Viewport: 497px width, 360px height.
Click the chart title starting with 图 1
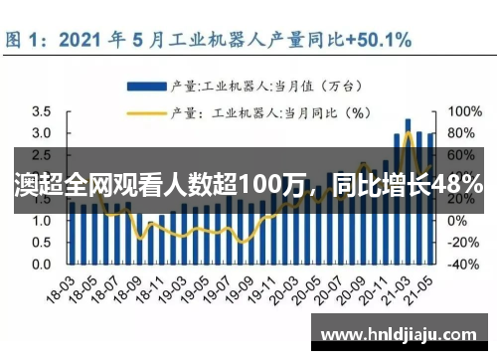pos(209,40)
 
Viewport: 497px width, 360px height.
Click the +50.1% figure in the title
pos(380,40)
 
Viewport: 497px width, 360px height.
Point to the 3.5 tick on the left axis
pos(41,112)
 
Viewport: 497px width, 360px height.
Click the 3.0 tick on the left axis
pos(41,133)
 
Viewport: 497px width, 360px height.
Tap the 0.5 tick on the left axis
pos(41,243)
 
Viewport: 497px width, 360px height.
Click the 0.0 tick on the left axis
pos(41,265)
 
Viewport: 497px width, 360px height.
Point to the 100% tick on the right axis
pos(466,112)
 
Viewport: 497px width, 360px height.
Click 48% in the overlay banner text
pos(458,184)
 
